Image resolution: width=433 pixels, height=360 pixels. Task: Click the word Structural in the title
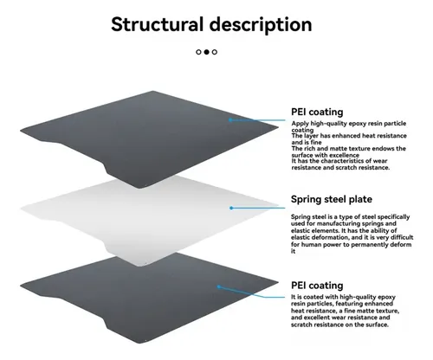[158, 24]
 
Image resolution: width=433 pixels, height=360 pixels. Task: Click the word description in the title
[261, 25]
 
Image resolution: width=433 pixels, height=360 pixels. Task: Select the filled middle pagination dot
[206, 52]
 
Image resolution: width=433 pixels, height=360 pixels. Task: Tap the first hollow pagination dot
[198, 52]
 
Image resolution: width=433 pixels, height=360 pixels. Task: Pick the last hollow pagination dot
[215, 52]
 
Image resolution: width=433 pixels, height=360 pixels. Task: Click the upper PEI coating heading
[317, 112]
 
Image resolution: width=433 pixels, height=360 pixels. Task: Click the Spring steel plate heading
[332, 199]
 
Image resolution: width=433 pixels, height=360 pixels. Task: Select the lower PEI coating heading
[317, 286]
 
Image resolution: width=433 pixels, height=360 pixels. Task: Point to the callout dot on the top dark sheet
[230, 119]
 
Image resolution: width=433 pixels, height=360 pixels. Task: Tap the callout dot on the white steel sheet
[231, 208]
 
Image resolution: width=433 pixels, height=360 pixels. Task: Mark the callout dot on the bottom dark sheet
[219, 286]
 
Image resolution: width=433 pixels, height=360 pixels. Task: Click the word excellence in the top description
[345, 155]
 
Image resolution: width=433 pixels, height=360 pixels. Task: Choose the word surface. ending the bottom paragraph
[377, 325]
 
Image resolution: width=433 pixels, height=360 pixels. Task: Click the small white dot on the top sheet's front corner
[145, 185]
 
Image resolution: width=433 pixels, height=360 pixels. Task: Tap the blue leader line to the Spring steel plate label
[258, 208]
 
